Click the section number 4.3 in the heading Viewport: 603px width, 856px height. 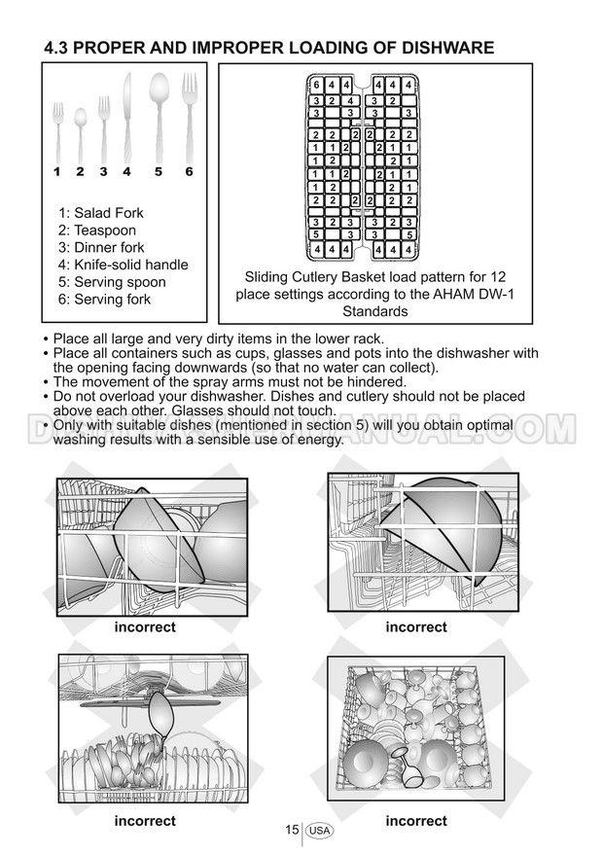click(x=61, y=48)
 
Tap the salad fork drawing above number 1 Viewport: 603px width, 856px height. click(x=57, y=131)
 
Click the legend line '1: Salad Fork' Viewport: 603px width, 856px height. click(x=100, y=212)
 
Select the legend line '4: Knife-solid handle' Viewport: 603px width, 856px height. click(x=123, y=265)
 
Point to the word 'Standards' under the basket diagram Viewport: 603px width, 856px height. click(x=374, y=312)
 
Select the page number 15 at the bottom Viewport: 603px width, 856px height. click(x=292, y=830)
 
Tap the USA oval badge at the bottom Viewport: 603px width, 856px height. click(x=319, y=831)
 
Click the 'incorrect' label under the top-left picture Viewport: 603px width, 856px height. click(x=145, y=627)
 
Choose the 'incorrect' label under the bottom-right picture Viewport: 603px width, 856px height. click(x=416, y=821)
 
